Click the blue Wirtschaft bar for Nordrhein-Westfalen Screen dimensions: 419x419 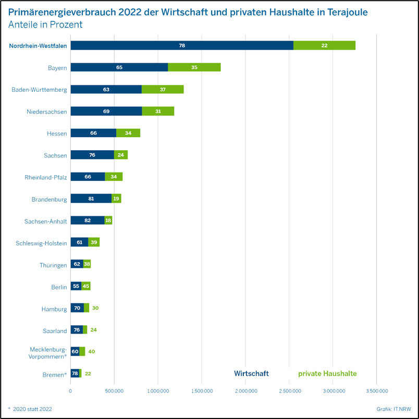(x=182, y=45)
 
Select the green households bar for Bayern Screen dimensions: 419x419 (x=194, y=67)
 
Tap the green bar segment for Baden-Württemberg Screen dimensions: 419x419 (x=163, y=90)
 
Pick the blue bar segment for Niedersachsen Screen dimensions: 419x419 (x=106, y=112)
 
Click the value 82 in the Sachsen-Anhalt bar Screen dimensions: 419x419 (x=88, y=220)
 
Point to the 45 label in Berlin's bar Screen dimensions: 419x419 (x=86, y=286)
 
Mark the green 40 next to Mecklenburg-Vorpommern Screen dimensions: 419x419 (x=92, y=352)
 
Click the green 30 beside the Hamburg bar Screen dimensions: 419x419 (x=95, y=308)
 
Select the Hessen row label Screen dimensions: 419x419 (x=57, y=133)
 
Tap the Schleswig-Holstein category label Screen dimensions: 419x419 (x=42, y=243)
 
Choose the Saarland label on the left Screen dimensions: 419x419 (x=55, y=331)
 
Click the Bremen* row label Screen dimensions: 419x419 (x=55, y=375)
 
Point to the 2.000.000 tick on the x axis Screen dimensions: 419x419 (x=246, y=390)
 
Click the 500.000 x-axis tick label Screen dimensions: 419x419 (x=115, y=390)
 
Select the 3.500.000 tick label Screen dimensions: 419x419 (x=377, y=390)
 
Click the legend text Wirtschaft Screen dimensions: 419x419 (x=251, y=374)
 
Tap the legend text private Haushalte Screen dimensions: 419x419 (x=327, y=374)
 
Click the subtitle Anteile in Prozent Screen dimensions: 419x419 (x=45, y=24)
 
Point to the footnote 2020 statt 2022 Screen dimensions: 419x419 (x=32, y=409)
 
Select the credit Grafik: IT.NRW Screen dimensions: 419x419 (x=393, y=409)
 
